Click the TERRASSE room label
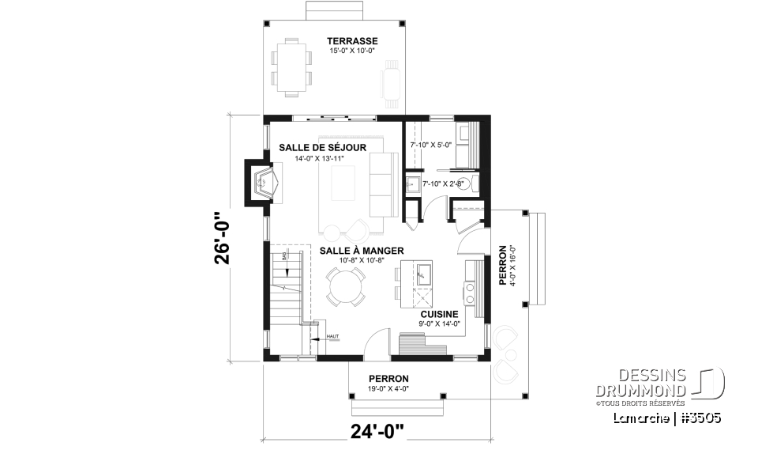click(x=353, y=41)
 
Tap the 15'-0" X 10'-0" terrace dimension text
click(x=352, y=51)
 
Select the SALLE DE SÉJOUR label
click(x=311, y=148)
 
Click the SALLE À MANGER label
click(x=351, y=250)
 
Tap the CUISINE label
click(x=440, y=314)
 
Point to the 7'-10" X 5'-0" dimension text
click(x=430, y=145)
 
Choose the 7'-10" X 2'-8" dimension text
click(x=443, y=183)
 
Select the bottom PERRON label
click(x=394, y=379)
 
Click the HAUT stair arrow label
click(x=332, y=338)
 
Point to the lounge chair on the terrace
click(x=391, y=83)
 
